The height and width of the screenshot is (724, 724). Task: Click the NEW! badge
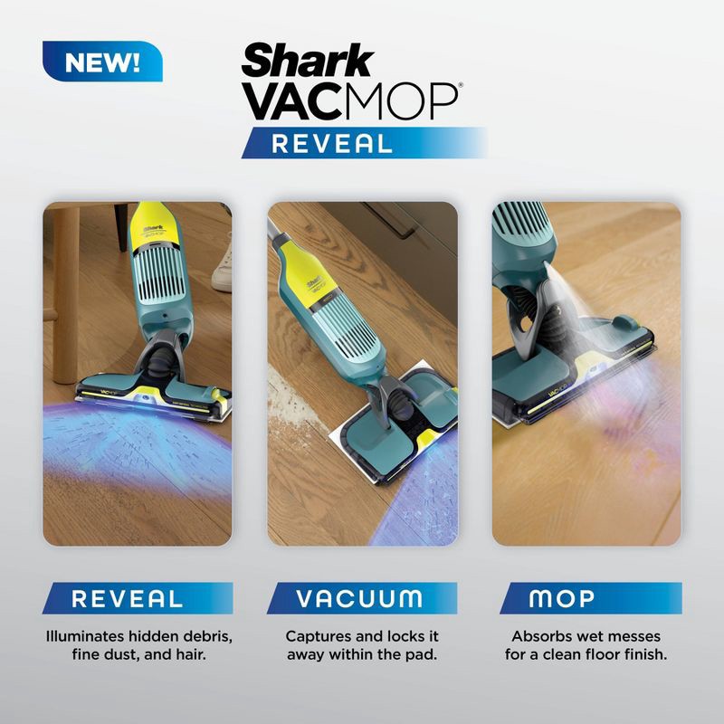pos(101,63)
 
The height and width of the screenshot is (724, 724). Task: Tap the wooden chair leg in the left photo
pos(67,299)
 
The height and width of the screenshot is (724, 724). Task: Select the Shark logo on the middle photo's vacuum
pos(316,283)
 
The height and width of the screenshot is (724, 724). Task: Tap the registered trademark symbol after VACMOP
pos(460,87)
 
